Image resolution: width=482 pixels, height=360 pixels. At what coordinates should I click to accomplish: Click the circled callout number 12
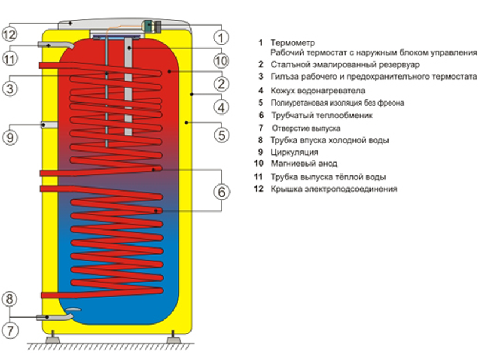[x=11, y=34]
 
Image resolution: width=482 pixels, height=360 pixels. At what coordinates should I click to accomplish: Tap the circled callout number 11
[x=11, y=59]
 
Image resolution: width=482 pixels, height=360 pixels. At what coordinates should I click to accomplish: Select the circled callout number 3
[x=11, y=88]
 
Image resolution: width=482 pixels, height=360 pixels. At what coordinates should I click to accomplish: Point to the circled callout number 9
[x=11, y=137]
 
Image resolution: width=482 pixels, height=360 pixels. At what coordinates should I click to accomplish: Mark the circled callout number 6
[x=221, y=191]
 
